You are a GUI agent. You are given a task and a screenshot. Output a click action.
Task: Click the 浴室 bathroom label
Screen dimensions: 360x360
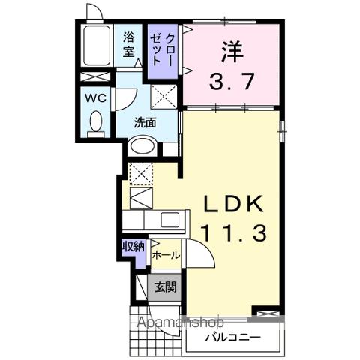(128, 44)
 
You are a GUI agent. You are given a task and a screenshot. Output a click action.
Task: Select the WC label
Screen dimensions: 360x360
(95, 97)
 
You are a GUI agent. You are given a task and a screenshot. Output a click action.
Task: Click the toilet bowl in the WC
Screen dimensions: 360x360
(95, 122)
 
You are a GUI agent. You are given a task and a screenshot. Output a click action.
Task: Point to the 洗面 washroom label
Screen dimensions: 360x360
(145, 122)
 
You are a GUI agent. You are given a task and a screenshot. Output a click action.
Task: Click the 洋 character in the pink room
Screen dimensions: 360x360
(232, 51)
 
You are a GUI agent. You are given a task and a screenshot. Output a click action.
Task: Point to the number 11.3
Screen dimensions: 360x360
(233, 234)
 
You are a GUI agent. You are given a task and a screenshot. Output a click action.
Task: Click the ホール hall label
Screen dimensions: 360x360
(166, 255)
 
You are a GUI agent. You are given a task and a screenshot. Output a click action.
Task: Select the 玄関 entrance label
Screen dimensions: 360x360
(166, 286)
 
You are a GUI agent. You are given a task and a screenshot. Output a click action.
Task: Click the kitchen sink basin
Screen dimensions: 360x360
(169, 220)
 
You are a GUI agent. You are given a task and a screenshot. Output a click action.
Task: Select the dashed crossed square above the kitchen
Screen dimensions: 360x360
(140, 173)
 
